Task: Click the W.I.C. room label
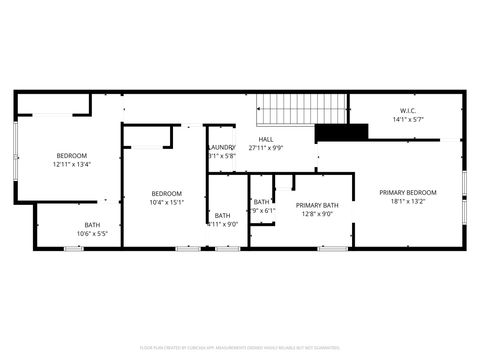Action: tap(408, 110)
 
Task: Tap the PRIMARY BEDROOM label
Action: tap(407, 191)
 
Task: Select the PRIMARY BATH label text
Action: tap(317, 205)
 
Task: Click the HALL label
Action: tap(266, 139)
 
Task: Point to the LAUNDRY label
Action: tap(222, 147)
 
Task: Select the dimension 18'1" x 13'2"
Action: tap(407, 201)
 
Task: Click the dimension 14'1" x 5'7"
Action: tap(408, 120)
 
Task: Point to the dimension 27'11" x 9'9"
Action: tap(266, 148)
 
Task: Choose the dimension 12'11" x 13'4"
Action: tap(71, 165)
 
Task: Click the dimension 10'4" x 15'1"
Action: tap(167, 202)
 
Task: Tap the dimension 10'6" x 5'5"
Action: tap(92, 234)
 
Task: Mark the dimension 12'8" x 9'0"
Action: tap(317, 214)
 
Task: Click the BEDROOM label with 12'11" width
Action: tap(71, 155)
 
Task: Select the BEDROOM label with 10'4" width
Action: tap(167, 193)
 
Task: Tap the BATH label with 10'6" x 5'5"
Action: tap(92, 225)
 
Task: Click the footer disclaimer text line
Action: tap(240, 348)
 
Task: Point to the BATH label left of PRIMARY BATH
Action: tap(262, 202)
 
